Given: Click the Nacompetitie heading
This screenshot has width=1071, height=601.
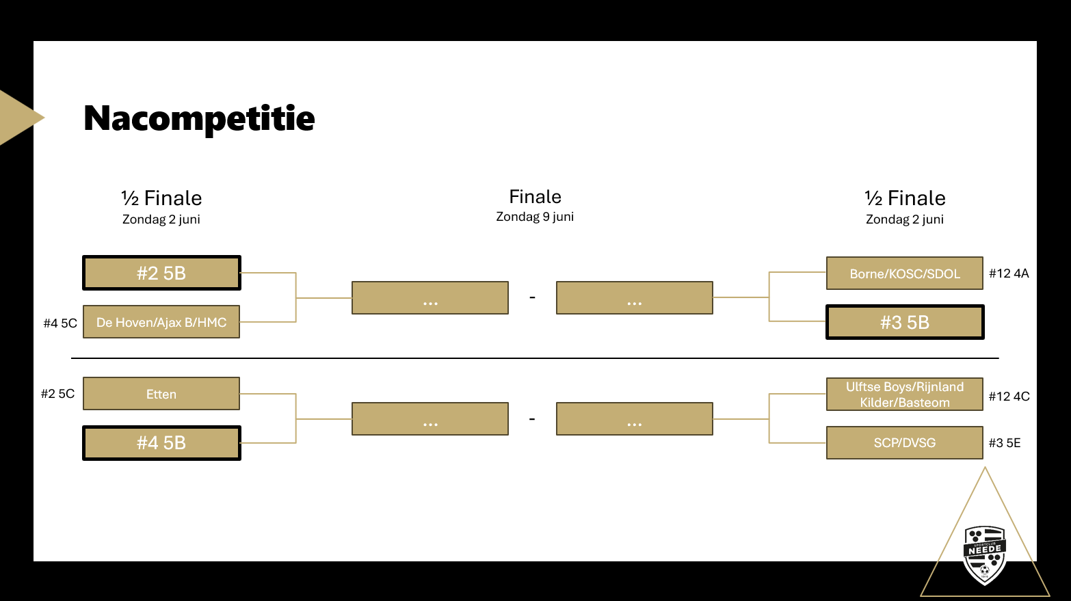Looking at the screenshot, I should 199,118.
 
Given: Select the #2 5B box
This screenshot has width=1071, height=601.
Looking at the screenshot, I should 161,273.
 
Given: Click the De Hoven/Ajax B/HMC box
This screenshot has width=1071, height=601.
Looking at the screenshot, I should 161,322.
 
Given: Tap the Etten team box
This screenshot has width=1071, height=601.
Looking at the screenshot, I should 161,394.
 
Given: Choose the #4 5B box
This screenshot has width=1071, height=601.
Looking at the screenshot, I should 161,443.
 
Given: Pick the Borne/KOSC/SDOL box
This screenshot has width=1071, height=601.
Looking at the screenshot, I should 904,273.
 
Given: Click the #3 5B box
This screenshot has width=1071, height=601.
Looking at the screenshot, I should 904,322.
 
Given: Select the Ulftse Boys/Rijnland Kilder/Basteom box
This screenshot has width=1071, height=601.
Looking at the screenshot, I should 904,395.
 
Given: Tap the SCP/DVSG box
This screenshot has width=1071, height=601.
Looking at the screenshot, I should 904,443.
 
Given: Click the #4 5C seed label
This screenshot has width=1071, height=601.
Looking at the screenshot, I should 60,323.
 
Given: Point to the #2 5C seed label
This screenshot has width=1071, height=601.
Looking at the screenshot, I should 57,394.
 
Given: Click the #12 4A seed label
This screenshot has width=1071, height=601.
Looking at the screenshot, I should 1009,273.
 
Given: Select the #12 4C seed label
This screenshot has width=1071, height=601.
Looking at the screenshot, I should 1009,397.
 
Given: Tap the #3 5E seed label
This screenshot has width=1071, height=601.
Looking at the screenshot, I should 1005,443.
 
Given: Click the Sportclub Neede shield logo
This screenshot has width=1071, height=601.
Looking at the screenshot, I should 985,555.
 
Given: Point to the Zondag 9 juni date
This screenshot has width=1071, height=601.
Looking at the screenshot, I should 535,217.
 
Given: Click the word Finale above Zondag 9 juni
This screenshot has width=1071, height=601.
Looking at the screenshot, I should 535,197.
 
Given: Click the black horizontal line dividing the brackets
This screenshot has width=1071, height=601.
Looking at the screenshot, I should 535,358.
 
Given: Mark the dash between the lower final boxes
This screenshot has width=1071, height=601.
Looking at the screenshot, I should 532,418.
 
